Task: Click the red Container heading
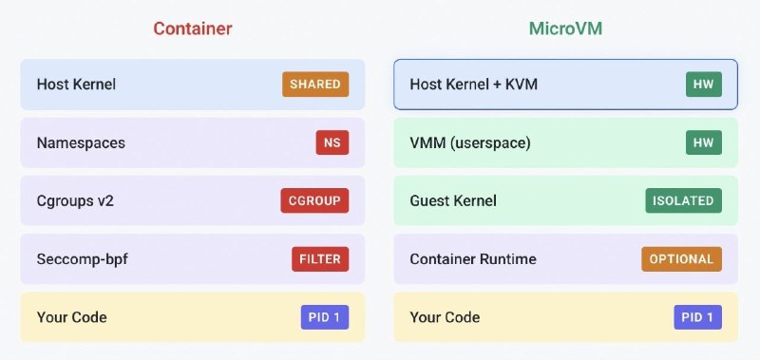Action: pyautogui.click(x=193, y=28)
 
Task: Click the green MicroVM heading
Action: pyautogui.click(x=565, y=28)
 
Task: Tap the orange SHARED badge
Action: pyautogui.click(x=315, y=85)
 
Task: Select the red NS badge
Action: pyautogui.click(x=332, y=142)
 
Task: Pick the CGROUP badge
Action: pyautogui.click(x=314, y=200)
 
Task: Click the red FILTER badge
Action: pyautogui.click(x=320, y=258)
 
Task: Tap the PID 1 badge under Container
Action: pyautogui.click(x=325, y=317)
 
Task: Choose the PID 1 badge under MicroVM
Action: pyautogui.click(x=698, y=317)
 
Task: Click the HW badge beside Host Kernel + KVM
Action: pyautogui.click(x=704, y=85)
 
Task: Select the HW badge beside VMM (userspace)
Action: pyautogui.click(x=704, y=142)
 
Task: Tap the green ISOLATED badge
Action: pyautogui.click(x=683, y=200)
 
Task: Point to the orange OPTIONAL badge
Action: pyautogui.click(x=681, y=258)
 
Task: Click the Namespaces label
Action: pyautogui.click(x=81, y=142)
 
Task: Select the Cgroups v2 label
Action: pyautogui.click(x=75, y=201)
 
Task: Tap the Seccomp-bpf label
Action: pyautogui.click(x=83, y=259)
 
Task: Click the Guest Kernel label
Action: pyautogui.click(x=453, y=201)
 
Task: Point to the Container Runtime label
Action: pyautogui.click(x=473, y=259)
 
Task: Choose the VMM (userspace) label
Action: pyautogui.click(x=470, y=142)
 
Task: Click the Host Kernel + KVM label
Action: pyautogui.click(x=474, y=85)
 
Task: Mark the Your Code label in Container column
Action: pyautogui.click(x=72, y=317)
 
